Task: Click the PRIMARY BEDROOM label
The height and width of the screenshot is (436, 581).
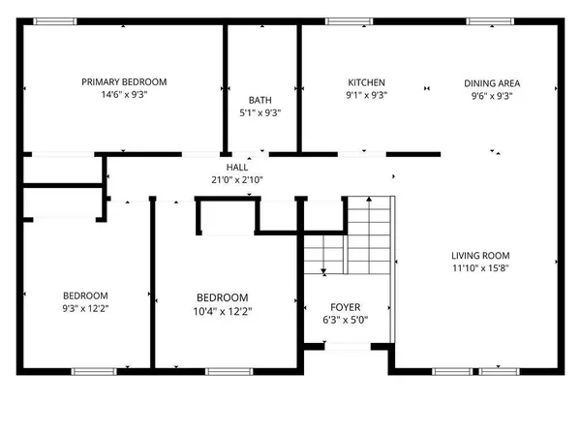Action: [124, 82]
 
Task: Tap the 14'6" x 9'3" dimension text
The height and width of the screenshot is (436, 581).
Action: [124, 96]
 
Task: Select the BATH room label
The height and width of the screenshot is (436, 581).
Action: [260, 100]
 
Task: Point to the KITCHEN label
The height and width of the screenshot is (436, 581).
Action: [367, 82]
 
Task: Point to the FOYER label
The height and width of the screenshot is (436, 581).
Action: [344, 305]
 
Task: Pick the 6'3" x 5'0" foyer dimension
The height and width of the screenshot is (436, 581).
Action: [344, 319]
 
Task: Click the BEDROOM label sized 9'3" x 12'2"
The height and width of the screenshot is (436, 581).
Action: [85, 296]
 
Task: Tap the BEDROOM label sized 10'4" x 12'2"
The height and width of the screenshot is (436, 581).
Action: [222, 297]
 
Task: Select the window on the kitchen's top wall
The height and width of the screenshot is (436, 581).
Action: [341, 21]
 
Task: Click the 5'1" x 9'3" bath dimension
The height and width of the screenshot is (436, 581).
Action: [260, 112]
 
